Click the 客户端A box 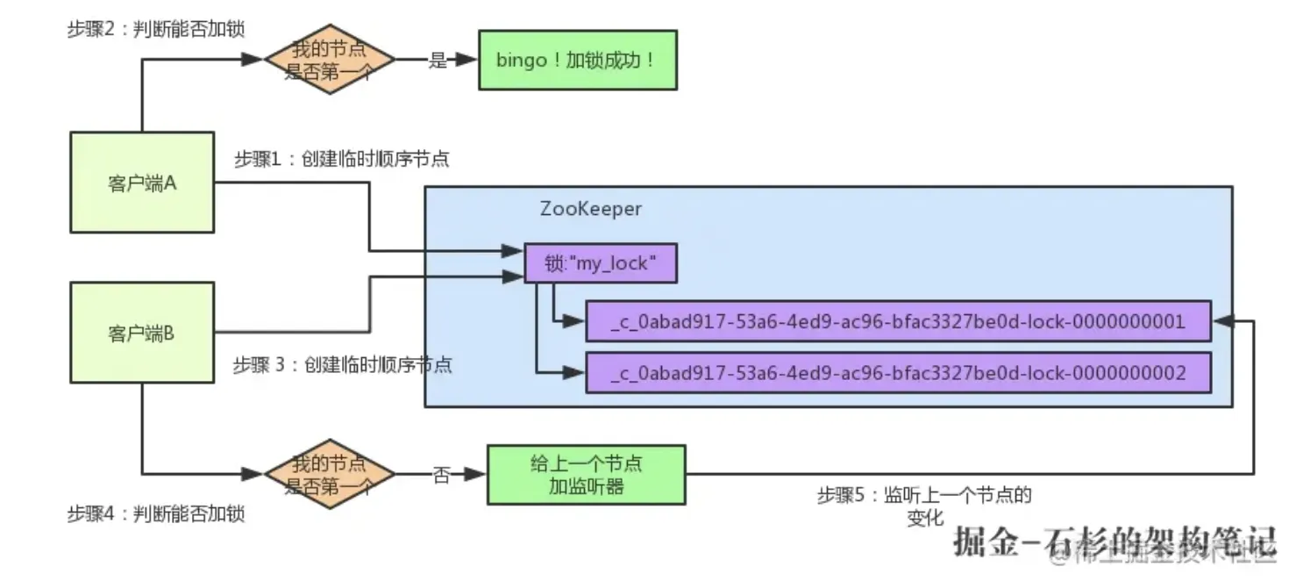142,183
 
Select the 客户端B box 142,333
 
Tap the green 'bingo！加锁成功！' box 577,61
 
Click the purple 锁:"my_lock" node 601,263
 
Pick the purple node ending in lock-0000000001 898,321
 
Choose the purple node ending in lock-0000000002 898,373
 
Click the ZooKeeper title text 591,209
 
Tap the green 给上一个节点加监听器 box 586,474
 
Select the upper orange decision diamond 329,60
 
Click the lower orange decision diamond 329,474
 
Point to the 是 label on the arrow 438,61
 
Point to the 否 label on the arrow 441,475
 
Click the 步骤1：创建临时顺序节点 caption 341,159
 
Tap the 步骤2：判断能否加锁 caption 155,29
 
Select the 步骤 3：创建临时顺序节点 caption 342,364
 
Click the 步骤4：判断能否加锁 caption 155,513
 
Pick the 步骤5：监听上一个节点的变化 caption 924,506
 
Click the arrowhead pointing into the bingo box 468,61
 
